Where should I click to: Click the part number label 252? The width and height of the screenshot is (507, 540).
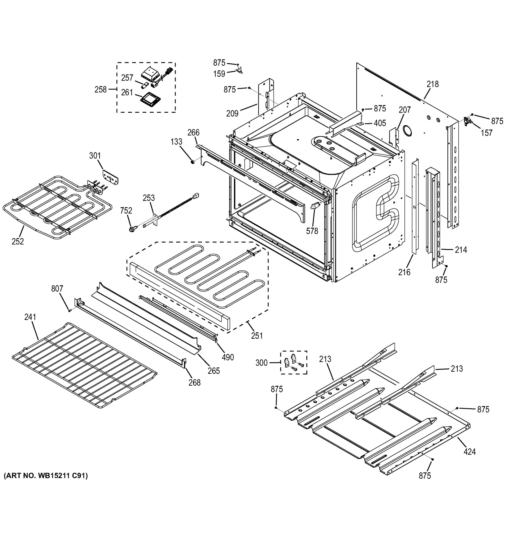click(x=18, y=241)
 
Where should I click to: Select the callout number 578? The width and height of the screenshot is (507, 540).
click(x=312, y=231)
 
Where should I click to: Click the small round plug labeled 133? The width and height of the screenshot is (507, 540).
click(x=193, y=162)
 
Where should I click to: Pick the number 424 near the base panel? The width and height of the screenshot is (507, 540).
click(x=469, y=452)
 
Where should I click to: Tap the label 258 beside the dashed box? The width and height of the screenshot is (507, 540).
click(x=101, y=89)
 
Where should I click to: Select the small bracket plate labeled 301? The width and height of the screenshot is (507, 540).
click(x=110, y=177)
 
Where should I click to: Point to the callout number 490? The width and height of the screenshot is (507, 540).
click(x=228, y=357)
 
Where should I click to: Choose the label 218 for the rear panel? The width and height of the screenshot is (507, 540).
click(x=432, y=84)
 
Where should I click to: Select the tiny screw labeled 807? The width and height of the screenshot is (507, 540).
click(x=69, y=310)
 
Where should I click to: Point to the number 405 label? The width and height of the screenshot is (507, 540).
click(x=380, y=123)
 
